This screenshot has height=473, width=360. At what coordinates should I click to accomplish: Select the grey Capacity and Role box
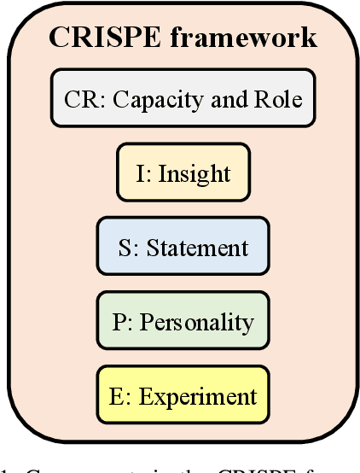[x=183, y=99]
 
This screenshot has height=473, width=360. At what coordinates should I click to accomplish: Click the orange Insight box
[x=183, y=173]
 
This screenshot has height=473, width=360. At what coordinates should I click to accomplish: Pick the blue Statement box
[x=183, y=248]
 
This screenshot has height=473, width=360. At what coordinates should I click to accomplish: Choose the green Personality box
[x=183, y=322]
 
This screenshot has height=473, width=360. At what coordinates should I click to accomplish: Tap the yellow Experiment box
[x=183, y=396]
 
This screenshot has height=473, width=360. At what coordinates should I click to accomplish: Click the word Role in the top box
[x=282, y=99]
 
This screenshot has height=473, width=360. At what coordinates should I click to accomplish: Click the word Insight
[x=195, y=174]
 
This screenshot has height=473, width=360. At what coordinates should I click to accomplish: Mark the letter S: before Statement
[x=126, y=248]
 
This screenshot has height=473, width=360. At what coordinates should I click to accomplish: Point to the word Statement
[x=197, y=248]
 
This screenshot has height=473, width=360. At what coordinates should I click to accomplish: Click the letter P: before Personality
[x=121, y=322]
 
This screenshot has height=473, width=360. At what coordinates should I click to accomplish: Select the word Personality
[x=197, y=323]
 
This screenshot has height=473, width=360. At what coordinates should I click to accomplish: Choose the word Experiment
[x=197, y=397]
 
